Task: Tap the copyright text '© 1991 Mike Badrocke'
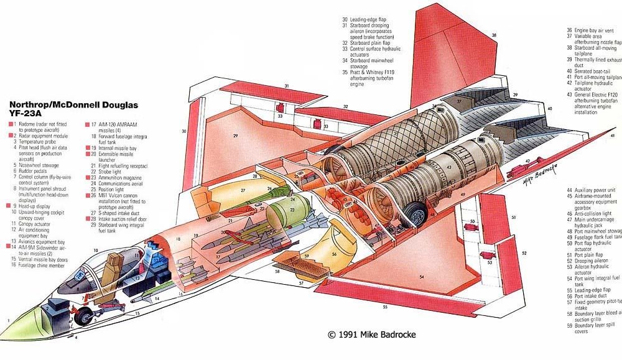(372, 335)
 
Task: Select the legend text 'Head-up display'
(33, 205)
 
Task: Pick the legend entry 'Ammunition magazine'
(117, 177)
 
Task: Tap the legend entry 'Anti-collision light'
(595, 213)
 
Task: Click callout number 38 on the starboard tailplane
(494, 35)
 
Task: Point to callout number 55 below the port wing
(385, 307)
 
